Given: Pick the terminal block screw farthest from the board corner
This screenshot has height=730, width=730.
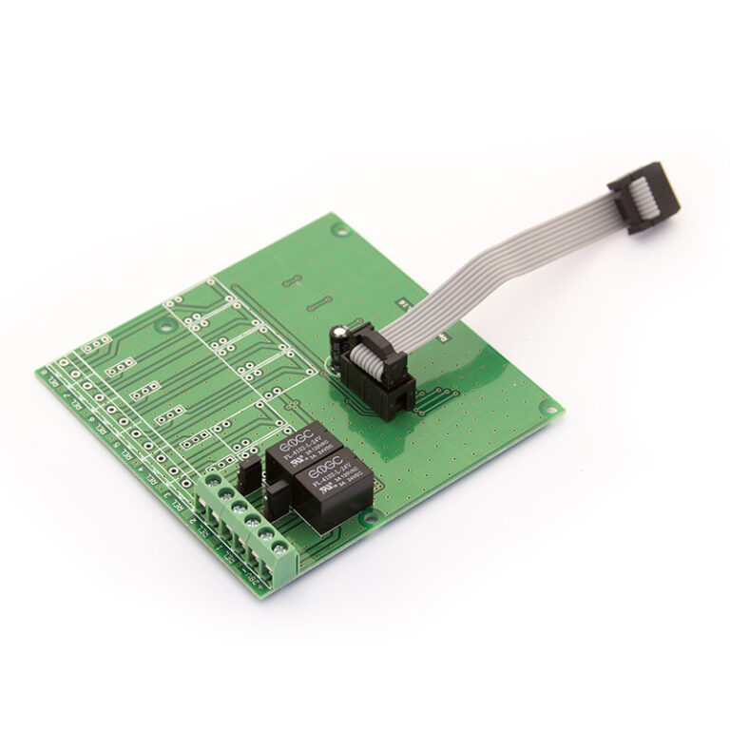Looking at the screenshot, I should (x=208, y=485).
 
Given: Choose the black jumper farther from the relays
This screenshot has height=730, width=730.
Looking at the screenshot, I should (x=245, y=474).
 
